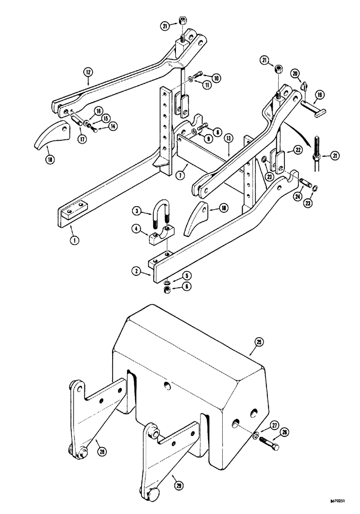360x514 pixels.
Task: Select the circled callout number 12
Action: click(88, 75)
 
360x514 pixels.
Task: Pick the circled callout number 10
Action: click(217, 78)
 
